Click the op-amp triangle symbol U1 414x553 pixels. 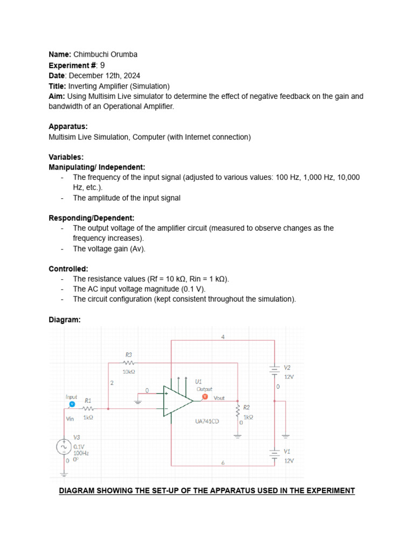[x=177, y=401]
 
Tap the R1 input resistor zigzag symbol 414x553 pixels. [x=88, y=409]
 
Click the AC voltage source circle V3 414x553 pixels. [x=64, y=447]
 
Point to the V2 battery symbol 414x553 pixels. [x=275, y=369]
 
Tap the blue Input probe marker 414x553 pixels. [x=72, y=403]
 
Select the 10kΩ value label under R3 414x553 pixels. [x=128, y=372]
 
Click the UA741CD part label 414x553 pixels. [x=207, y=421]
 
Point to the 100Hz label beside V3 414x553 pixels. [x=81, y=454]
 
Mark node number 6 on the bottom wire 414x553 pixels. [x=223, y=462]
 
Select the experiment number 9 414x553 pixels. [x=102, y=65]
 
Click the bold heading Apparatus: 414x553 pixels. [x=68, y=127]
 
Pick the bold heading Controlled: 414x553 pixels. [x=68, y=269]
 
